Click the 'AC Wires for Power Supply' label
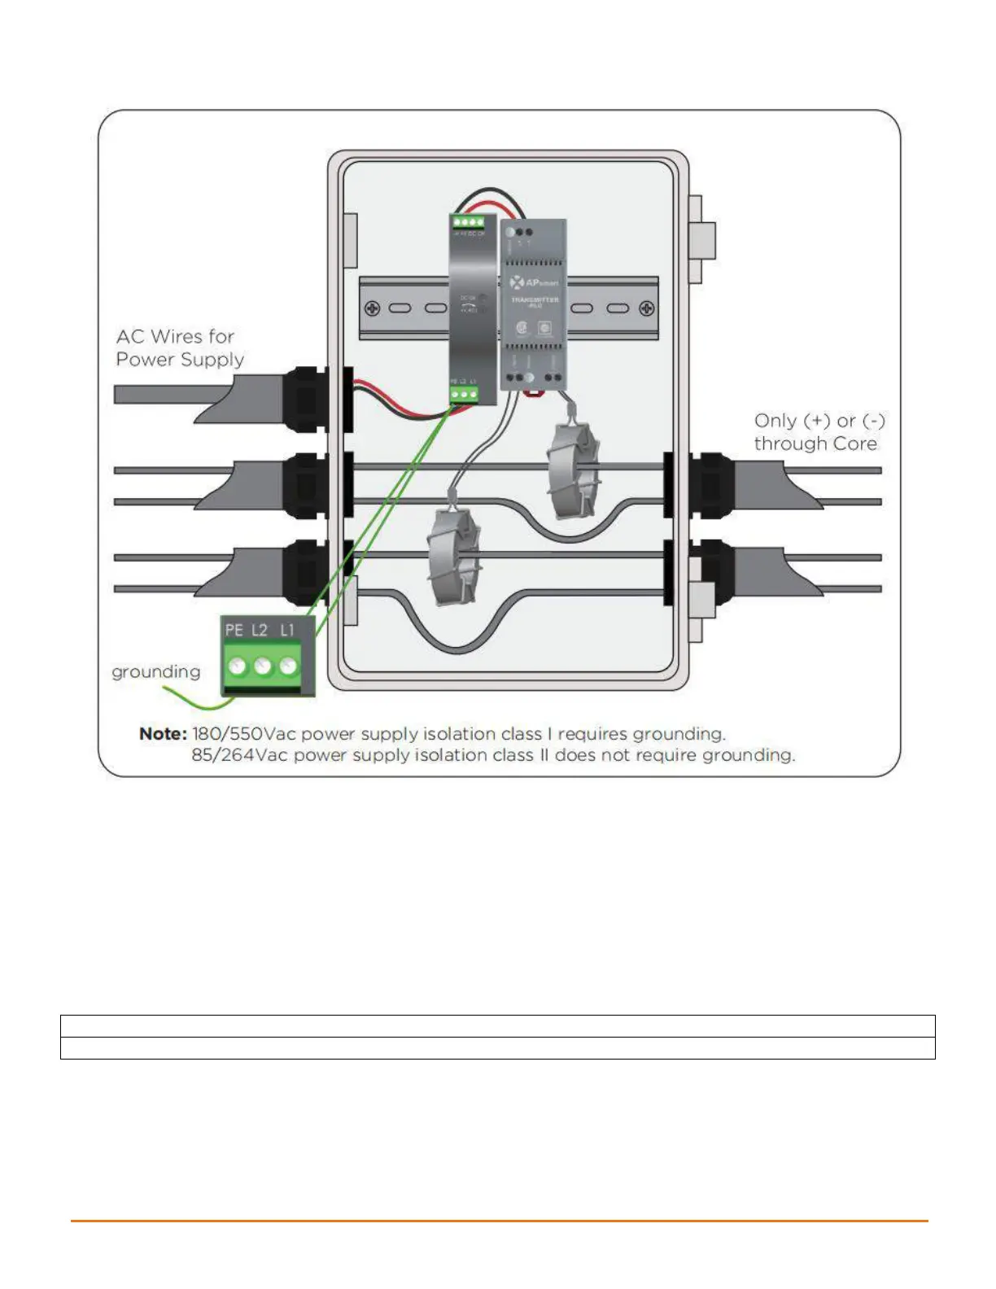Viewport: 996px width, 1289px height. coord(179,347)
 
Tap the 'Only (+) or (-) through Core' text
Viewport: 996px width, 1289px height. coord(818,432)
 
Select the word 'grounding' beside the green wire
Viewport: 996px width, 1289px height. coord(155,671)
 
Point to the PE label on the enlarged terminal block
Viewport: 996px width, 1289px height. coord(234,630)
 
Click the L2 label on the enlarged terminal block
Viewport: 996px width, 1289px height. coord(260,630)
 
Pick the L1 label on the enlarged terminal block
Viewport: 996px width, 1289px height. coord(286,630)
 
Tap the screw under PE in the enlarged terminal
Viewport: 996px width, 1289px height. coord(237,666)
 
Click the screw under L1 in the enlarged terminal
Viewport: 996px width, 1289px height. coord(288,666)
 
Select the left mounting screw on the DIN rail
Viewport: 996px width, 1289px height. coord(372,308)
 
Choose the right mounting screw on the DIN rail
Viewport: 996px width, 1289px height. coord(646,308)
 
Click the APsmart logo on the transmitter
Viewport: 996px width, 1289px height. coord(534,282)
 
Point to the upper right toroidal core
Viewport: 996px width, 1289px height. coord(573,470)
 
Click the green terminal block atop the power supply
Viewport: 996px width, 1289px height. coord(468,221)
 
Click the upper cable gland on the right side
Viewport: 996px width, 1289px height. coord(710,486)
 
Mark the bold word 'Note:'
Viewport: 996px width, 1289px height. coord(163,734)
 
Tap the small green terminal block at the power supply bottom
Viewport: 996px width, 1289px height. coord(464,395)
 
